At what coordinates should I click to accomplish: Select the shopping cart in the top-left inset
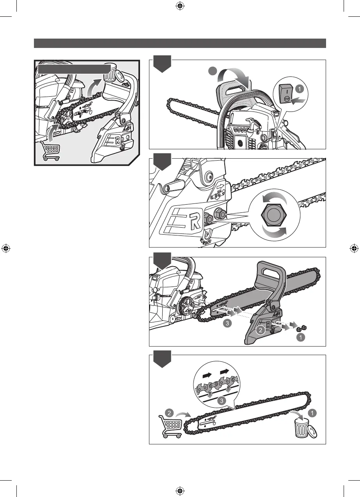point(50,151)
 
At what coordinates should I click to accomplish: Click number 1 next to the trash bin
point(312,412)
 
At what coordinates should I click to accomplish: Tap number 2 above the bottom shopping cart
point(169,412)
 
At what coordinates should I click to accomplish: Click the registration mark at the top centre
point(180,6)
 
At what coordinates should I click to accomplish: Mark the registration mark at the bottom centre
point(180,490)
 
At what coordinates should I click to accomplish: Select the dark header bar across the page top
point(180,43)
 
